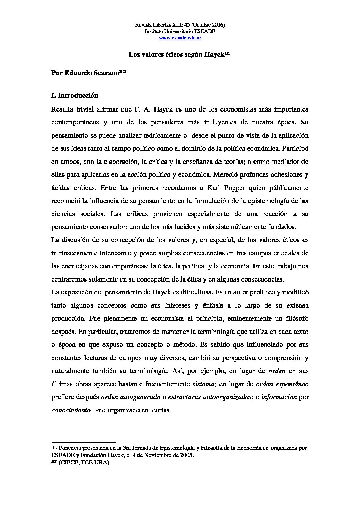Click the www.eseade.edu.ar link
click(x=180, y=38)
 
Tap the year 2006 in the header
click(x=217, y=25)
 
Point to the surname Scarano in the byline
click(x=105, y=73)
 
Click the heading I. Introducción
click(x=75, y=96)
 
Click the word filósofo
click(x=293, y=319)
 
